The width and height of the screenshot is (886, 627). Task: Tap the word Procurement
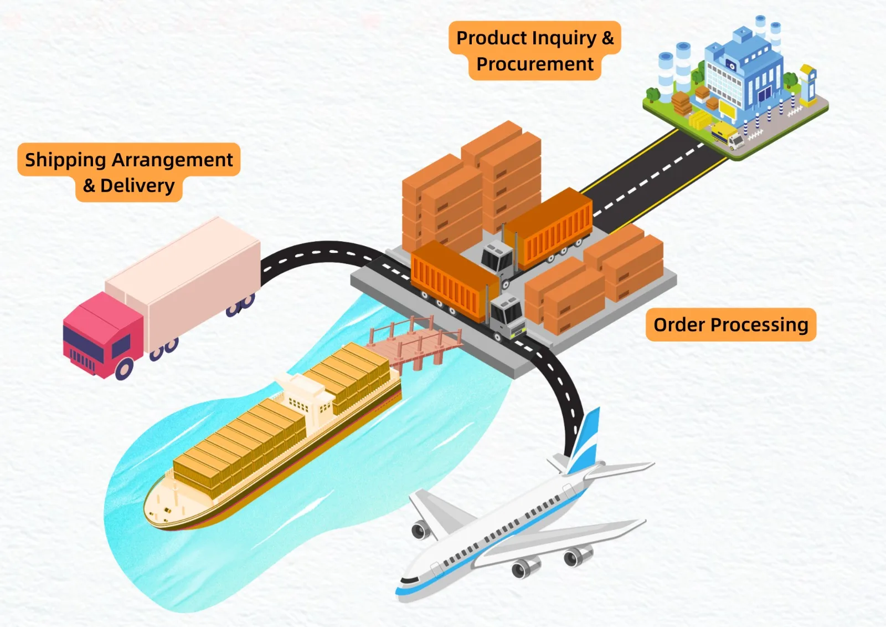pos(535,64)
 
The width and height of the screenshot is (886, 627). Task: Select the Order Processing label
pos(731,325)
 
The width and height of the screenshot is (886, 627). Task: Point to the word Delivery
pos(137,186)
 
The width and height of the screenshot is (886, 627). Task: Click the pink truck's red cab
pos(103,335)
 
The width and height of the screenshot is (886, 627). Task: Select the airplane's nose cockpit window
pos(409,580)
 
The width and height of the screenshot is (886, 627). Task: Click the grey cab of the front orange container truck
pos(508,317)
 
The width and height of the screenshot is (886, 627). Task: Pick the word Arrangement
pos(172,160)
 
